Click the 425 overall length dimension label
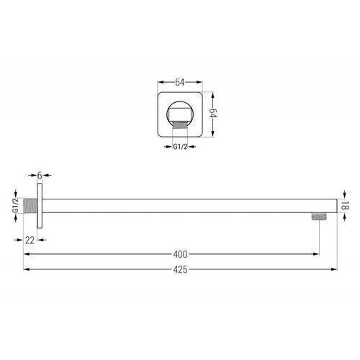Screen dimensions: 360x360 [180, 269]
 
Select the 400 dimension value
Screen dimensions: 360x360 [180, 254]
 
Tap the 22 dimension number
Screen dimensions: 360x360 [30, 240]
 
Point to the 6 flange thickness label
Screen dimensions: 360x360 [40, 176]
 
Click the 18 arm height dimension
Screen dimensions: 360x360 [345, 206]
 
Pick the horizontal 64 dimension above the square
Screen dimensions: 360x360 [180, 82]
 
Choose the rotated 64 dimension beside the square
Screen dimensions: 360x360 [213, 113]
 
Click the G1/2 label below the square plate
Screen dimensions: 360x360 [180, 147]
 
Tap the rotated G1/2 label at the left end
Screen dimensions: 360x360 [15, 205]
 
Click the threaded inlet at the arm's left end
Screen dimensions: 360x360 [30, 206]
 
